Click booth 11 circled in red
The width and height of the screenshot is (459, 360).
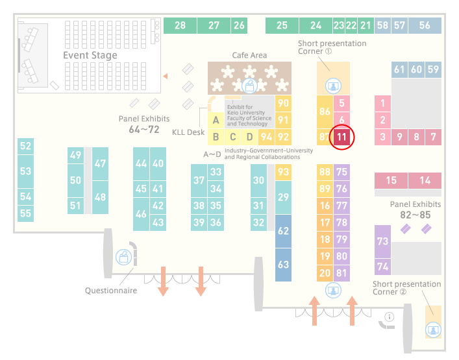tap(341, 137)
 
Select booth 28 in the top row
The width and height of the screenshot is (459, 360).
tap(180, 25)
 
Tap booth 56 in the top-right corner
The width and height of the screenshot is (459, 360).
tap(425, 25)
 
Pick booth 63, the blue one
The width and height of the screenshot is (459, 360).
tap(283, 265)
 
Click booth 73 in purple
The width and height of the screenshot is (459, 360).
tap(382, 241)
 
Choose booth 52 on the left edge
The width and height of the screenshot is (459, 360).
tap(25, 146)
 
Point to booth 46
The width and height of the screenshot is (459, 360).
tap(141, 214)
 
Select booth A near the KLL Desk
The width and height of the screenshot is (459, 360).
tap(216, 120)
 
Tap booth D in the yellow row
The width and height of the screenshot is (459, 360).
tap(250, 137)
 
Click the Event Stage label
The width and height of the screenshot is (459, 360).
tap(90, 55)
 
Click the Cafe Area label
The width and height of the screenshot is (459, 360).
tap(249, 55)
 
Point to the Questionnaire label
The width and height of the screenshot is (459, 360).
tap(111, 291)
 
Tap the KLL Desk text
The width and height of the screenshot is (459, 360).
tap(188, 132)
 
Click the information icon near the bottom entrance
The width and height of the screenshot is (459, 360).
tap(390, 317)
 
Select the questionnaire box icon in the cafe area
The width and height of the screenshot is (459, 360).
tap(249, 86)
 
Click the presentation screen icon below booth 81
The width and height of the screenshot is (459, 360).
tap(333, 291)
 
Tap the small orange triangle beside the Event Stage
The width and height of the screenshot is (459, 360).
tap(166, 77)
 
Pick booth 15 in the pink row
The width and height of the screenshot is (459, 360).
tap(391, 180)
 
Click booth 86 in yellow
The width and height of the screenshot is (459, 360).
tap(325, 112)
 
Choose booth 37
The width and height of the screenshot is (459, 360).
tap(199, 180)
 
